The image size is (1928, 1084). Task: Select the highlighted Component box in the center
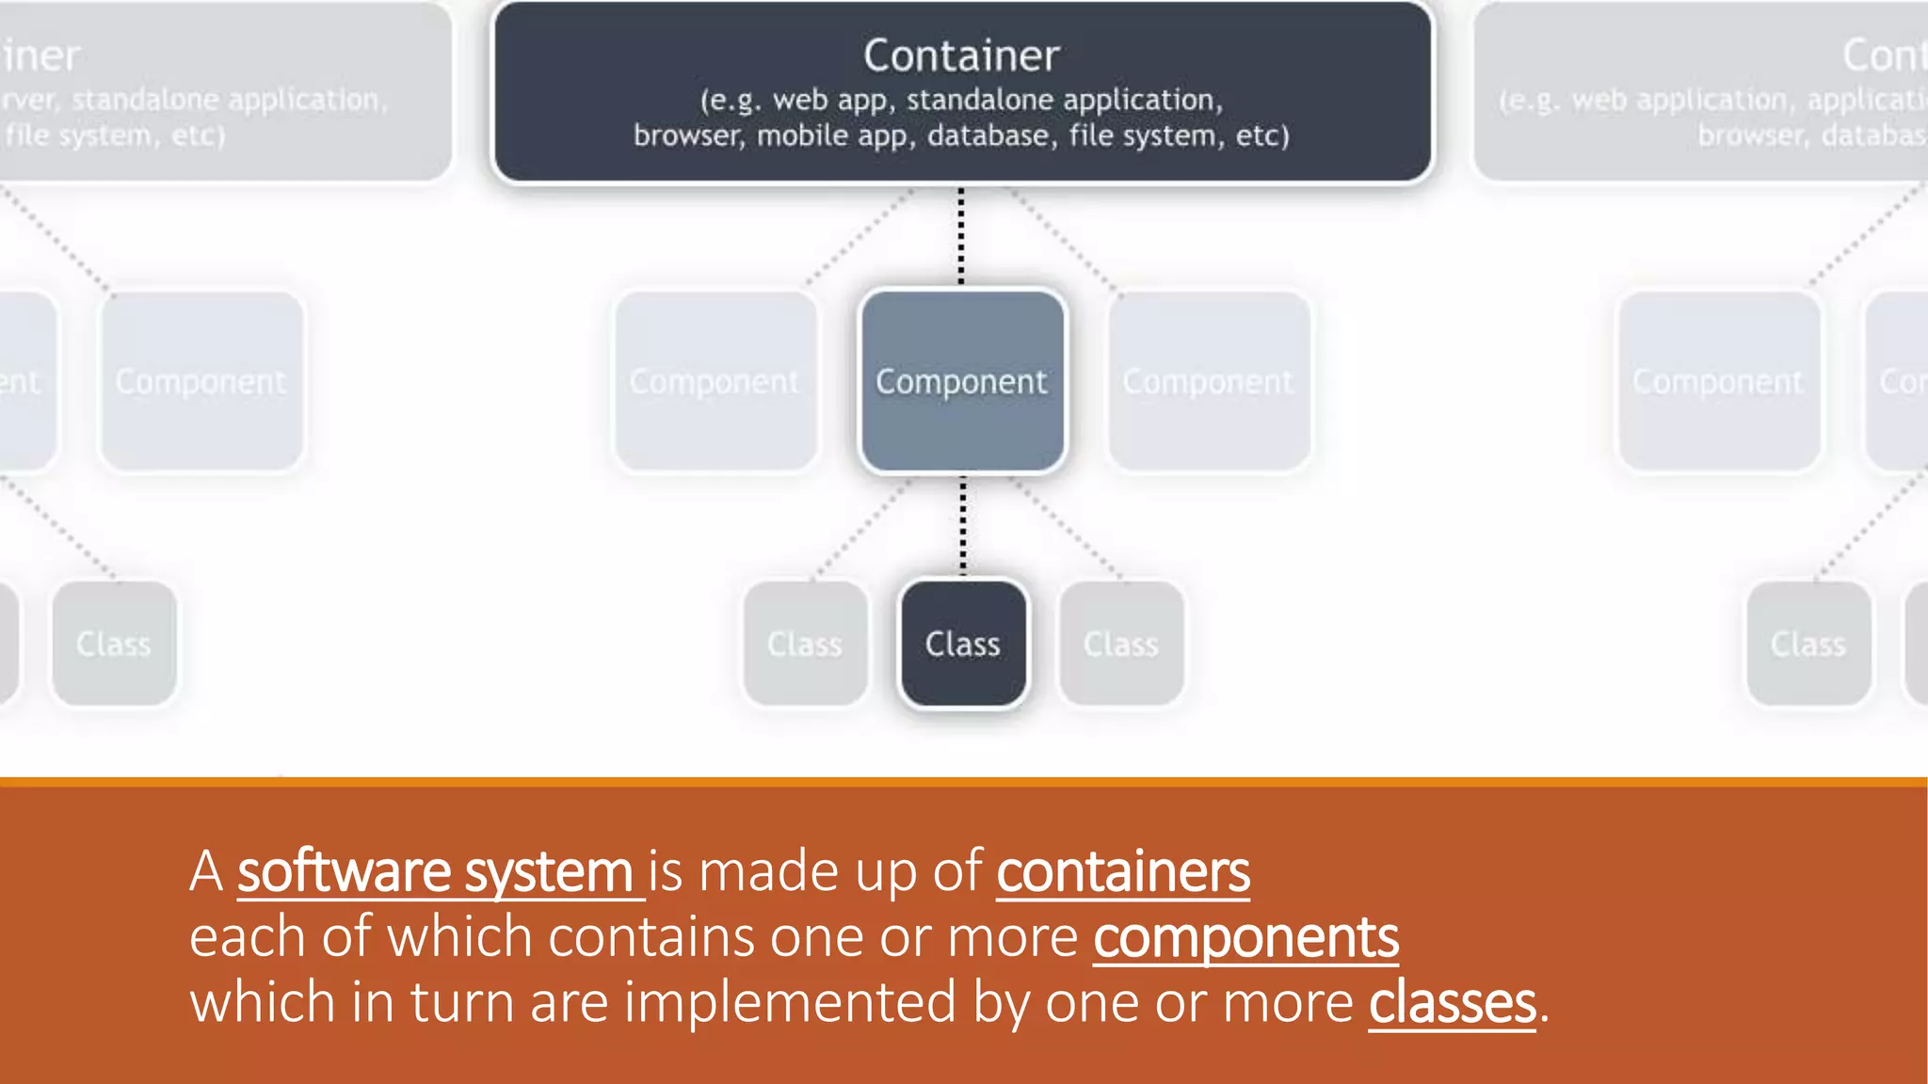click(962, 381)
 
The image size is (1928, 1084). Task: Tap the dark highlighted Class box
click(962, 644)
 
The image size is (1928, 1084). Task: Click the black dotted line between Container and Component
click(961, 235)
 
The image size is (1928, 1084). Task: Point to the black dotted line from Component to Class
click(962, 525)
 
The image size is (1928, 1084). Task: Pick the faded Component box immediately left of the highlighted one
click(715, 381)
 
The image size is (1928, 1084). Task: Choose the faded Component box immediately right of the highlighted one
click(1209, 381)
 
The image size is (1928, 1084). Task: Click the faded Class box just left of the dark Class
click(805, 644)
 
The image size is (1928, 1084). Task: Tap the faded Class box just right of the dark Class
click(1121, 644)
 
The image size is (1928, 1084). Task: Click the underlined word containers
click(1123, 871)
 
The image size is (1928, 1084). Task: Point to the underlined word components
click(1245, 937)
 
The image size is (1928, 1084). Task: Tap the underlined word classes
click(1452, 1002)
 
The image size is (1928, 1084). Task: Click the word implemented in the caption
click(790, 1002)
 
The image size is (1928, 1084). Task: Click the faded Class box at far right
click(1807, 644)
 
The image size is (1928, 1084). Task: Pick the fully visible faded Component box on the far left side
click(201, 381)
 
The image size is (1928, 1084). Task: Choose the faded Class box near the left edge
click(114, 644)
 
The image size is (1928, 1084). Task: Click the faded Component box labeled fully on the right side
click(1718, 381)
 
